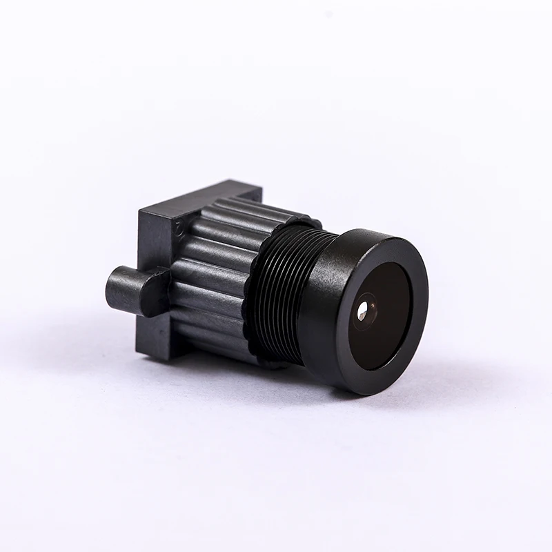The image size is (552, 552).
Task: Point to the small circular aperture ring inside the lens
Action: (366, 307)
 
